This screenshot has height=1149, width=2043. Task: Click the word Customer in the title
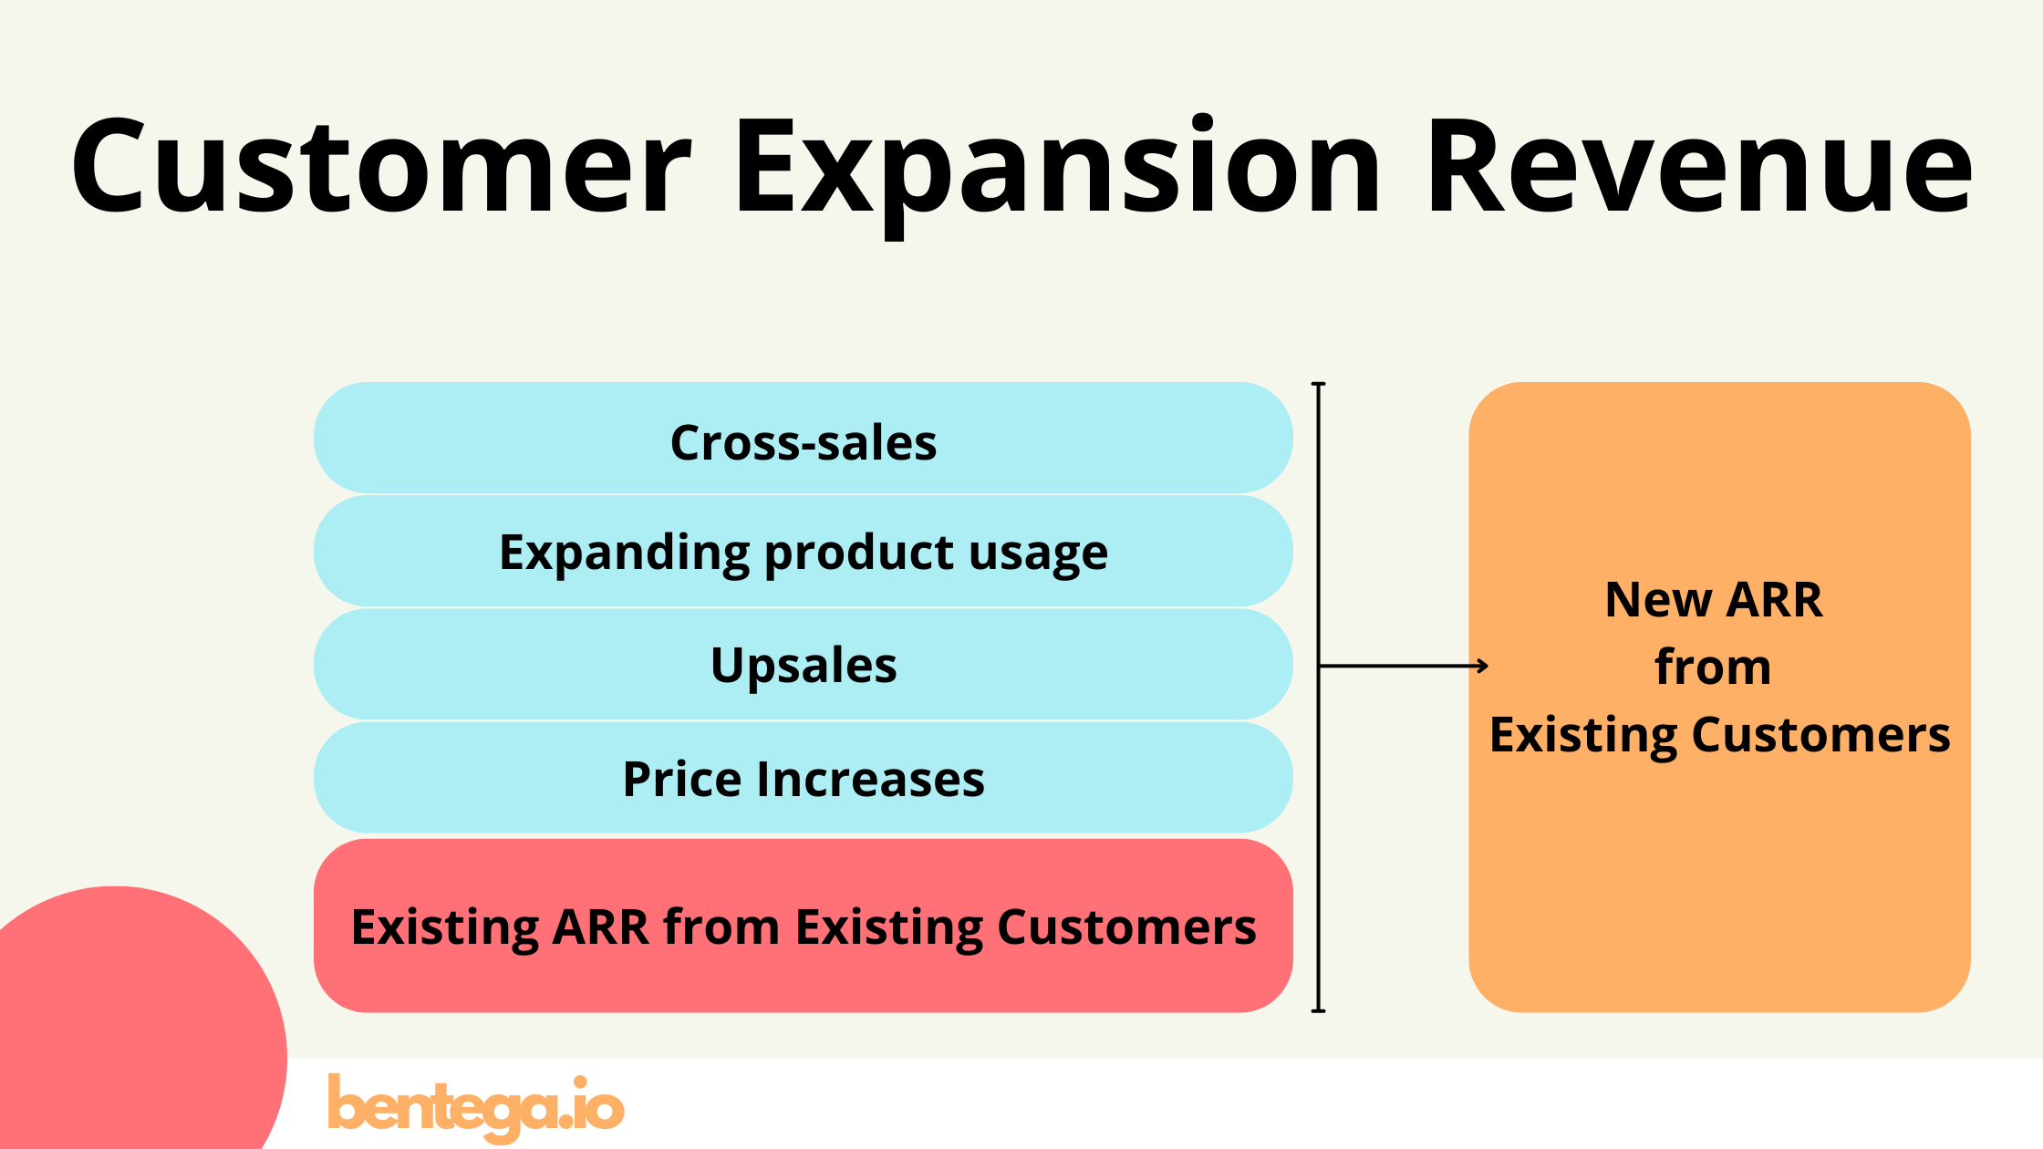[x=381, y=169]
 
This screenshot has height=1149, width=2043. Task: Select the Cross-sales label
[x=804, y=443]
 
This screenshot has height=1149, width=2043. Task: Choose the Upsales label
[x=804, y=666]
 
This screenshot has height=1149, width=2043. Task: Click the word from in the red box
[x=721, y=927]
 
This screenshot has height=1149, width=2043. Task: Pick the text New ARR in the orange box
[x=1713, y=600]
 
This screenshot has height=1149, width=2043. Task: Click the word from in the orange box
[x=1713, y=668]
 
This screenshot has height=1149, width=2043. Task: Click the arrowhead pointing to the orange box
[x=1483, y=667]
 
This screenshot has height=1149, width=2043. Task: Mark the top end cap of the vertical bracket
[x=1318, y=385]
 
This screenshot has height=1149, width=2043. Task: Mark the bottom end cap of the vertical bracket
[x=1318, y=1010]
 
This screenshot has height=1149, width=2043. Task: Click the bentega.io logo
[x=475, y=1106]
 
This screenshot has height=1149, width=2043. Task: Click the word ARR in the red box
[x=601, y=927]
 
